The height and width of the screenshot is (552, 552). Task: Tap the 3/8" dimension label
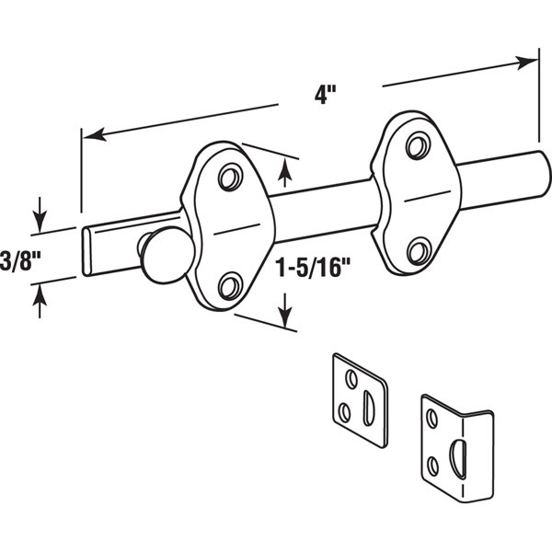20,260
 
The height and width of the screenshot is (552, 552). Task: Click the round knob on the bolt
168,254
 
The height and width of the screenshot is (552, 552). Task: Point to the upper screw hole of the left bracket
231,177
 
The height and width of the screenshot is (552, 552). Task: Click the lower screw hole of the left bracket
231,286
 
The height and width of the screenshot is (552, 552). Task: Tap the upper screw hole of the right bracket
419,145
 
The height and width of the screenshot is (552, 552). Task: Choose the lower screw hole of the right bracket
420,251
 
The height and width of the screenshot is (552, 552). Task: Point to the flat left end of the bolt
86,251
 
